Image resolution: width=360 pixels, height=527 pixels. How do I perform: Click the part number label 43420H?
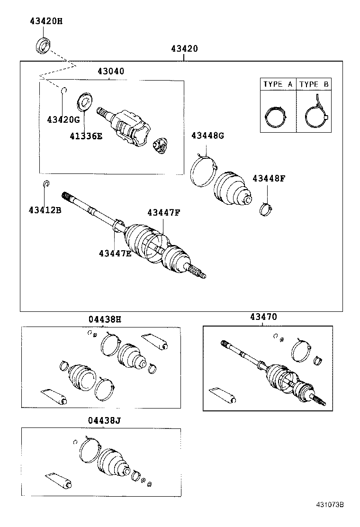coord(46,21)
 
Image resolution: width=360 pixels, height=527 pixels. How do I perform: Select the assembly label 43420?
coord(184,49)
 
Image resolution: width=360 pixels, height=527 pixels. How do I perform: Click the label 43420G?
coord(63,119)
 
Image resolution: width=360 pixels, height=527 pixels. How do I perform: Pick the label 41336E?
coord(86,136)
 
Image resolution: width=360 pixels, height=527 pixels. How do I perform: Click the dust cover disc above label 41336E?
coord(85,101)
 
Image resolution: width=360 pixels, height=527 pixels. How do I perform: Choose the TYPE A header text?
coord(278,84)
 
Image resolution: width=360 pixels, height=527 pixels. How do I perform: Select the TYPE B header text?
coord(314,84)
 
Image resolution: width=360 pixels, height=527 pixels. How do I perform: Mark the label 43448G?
coord(207,136)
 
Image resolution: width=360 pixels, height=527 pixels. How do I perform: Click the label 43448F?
coord(269,179)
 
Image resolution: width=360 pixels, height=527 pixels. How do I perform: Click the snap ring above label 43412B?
coord(46,184)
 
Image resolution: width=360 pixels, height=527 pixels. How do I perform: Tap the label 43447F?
coord(163,213)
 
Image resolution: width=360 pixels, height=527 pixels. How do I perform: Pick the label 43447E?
coord(115,254)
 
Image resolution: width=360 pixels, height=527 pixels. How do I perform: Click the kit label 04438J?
coord(104,420)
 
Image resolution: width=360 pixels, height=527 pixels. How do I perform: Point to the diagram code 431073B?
coord(330,518)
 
